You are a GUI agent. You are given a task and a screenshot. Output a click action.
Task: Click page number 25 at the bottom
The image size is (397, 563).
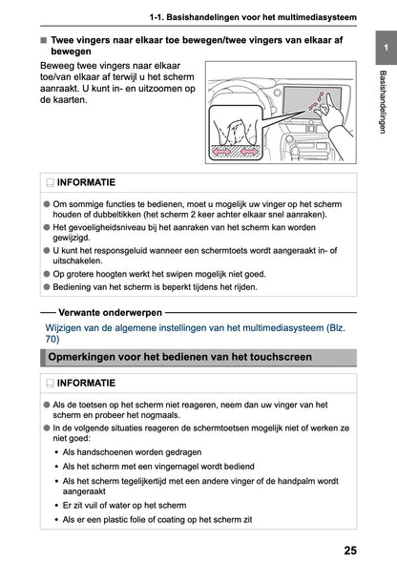pos(350,551)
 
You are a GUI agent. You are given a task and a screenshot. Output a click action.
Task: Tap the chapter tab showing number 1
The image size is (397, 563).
pos(386,48)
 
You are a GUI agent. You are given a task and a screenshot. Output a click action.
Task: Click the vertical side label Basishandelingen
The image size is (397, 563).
pos(383,102)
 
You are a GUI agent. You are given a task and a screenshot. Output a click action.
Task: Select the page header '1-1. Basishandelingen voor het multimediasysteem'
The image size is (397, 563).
pos(253,17)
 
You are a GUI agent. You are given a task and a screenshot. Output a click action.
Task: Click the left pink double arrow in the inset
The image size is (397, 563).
pos(221,152)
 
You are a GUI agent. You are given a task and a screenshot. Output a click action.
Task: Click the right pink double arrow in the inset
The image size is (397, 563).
pos(249,152)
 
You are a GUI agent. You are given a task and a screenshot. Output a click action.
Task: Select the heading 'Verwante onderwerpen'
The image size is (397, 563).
pos(110,312)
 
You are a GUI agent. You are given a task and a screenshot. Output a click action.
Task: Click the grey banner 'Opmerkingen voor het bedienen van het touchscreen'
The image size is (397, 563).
pos(198,357)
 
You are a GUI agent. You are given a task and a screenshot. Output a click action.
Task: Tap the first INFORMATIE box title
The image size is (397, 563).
pos(86,182)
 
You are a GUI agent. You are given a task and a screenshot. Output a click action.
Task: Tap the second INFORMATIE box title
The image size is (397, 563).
pos(86,383)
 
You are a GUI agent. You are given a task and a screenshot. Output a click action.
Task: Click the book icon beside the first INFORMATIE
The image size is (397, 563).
pos(50,183)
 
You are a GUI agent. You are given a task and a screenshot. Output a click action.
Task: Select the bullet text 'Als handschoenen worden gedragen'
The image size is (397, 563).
pos(132,452)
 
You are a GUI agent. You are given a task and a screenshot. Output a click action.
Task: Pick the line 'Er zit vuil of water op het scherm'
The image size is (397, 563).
pos(125,505)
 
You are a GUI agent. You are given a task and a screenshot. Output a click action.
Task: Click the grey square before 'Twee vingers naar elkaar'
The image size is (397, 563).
pos(44,40)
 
